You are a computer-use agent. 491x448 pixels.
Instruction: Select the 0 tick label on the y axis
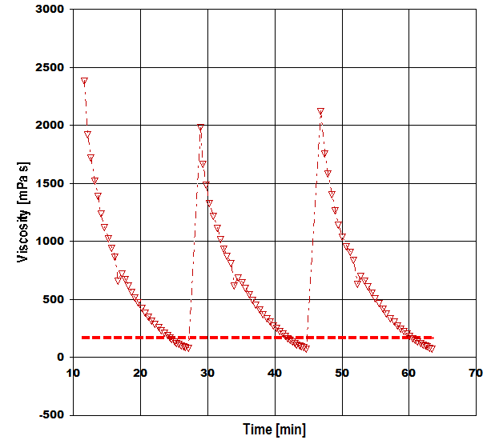click(62, 358)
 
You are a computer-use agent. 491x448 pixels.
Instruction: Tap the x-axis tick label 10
click(73, 374)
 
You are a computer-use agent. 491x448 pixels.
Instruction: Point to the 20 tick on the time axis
click(140, 374)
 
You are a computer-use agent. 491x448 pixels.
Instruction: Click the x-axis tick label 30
click(207, 374)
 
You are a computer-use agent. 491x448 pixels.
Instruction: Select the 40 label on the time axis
click(275, 374)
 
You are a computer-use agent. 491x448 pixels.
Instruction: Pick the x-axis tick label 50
click(342, 374)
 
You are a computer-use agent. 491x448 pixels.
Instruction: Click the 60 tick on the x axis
click(408, 374)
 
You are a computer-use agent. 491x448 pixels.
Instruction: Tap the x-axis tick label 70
click(476, 374)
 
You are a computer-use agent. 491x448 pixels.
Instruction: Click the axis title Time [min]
click(275, 430)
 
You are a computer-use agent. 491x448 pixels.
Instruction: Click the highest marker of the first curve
click(84, 82)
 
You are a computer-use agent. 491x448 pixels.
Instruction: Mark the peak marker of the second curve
click(200, 127)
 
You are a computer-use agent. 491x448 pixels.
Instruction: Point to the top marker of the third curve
click(320, 112)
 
